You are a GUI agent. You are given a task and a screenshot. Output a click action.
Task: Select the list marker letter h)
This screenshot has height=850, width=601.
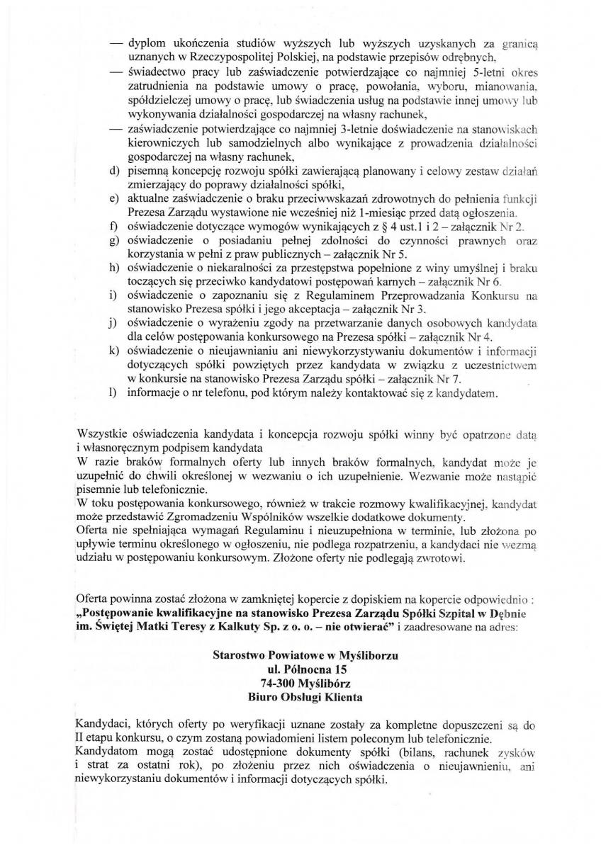point(113,268)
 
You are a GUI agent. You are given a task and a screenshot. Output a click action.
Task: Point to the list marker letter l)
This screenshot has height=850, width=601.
point(113,392)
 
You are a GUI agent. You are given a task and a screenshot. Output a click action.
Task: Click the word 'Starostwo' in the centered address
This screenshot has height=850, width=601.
point(237,655)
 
